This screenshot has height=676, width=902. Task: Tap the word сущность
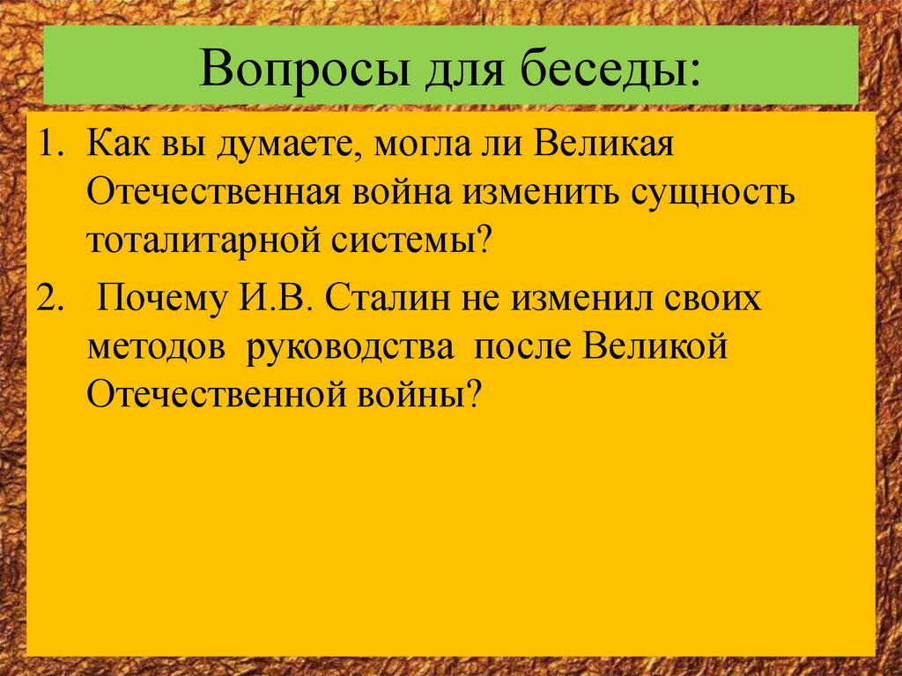(x=708, y=192)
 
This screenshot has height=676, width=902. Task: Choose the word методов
(x=150, y=348)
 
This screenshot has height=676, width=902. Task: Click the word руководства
(x=351, y=348)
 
